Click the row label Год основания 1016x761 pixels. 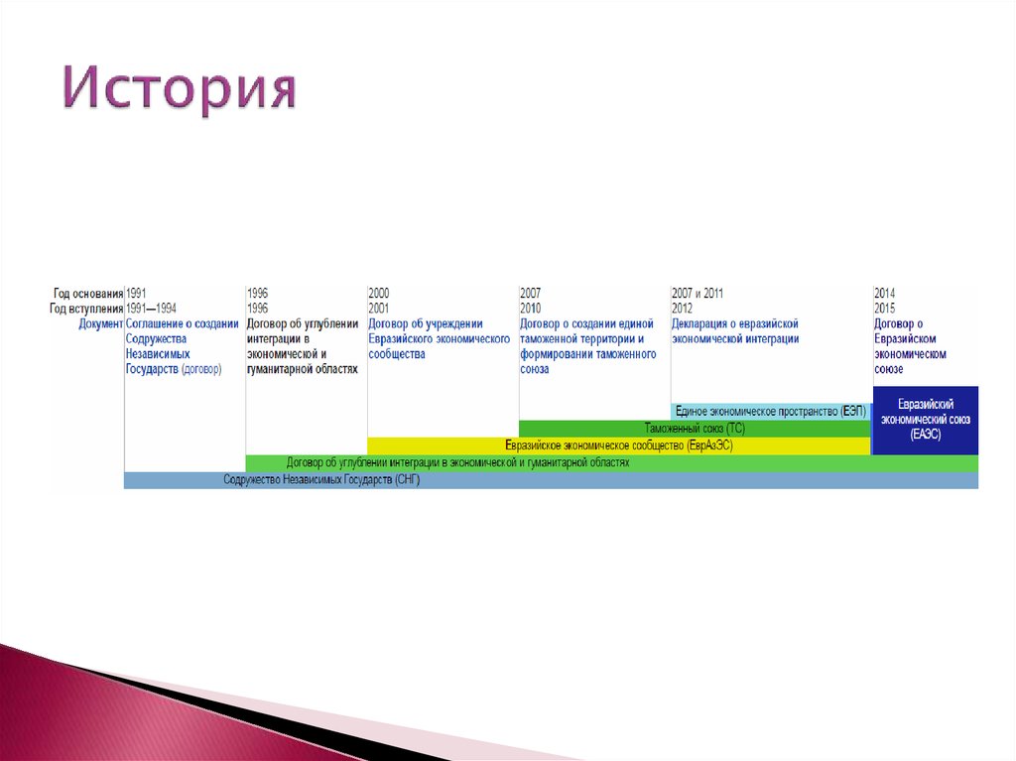[88, 294]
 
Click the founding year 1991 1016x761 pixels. [137, 294]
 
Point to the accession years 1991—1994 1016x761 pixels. [152, 309]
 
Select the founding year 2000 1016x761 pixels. [379, 294]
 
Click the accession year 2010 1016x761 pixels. [531, 309]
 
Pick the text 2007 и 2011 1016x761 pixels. [698, 294]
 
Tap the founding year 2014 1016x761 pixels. [885, 294]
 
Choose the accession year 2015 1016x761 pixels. [885, 309]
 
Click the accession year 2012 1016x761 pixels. [683, 309]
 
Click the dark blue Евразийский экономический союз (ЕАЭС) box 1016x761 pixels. [925, 420]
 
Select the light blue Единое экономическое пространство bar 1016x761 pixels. [770, 411]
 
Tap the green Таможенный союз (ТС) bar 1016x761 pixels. [695, 429]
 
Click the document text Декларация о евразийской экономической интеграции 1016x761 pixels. [735, 331]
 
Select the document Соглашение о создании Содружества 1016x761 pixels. [182, 346]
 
